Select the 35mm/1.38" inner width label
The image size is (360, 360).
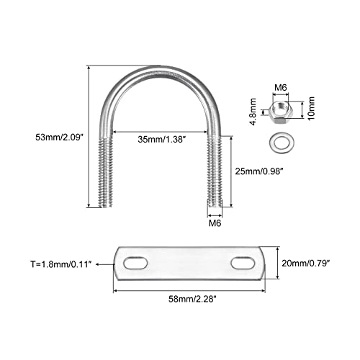(x=162, y=139)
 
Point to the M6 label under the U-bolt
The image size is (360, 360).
(x=215, y=223)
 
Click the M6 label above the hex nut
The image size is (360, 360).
(x=281, y=88)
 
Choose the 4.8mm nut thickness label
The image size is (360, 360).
(x=253, y=112)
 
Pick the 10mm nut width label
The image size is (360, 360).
(x=311, y=109)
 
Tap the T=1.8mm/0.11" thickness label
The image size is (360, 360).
(x=61, y=264)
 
